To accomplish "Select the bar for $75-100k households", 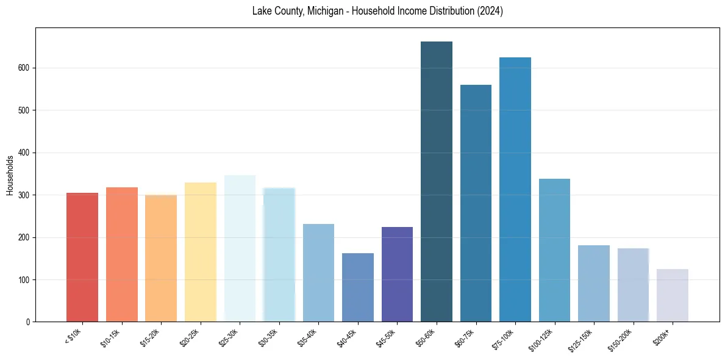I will click(x=515, y=190).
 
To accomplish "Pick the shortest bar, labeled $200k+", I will click(x=673, y=295).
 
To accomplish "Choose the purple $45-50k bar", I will click(x=397, y=275).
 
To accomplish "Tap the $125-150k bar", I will click(x=594, y=284).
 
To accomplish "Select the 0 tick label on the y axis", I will click(x=29, y=322).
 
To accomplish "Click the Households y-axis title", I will click(x=10, y=175).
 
